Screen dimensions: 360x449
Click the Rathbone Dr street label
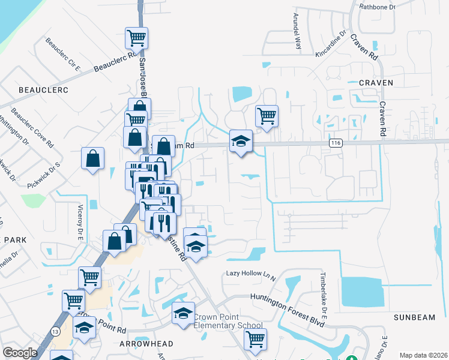(378, 7)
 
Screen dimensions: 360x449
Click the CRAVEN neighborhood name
(376, 82)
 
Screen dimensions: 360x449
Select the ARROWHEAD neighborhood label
(146, 344)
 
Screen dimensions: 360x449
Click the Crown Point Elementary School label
(228, 321)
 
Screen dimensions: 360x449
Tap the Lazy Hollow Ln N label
(250, 274)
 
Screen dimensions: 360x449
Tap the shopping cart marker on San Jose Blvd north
(137, 38)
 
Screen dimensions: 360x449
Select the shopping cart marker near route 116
(267, 115)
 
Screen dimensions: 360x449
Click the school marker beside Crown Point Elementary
(184, 313)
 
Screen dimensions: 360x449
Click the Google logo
(20, 353)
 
